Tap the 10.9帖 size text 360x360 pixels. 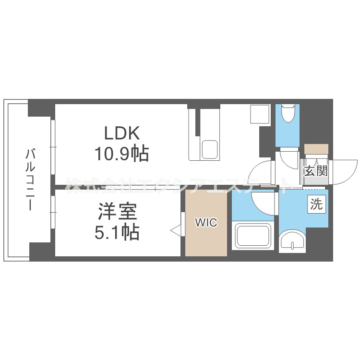click(x=121, y=155)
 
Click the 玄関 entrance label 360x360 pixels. click(x=315, y=170)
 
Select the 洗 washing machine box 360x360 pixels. click(x=315, y=204)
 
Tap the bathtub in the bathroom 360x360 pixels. click(x=253, y=236)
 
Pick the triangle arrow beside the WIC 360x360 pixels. click(x=176, y=230)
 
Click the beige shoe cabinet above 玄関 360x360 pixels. click(x=316, y=149)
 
